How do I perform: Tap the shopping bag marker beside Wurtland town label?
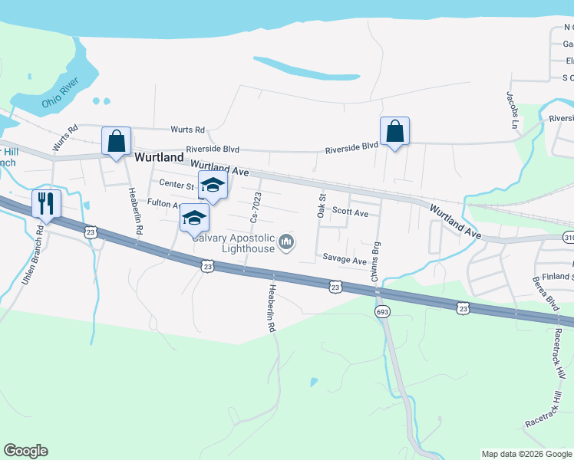[x=116, y=141]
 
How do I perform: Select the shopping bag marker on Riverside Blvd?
[x=394, y=131]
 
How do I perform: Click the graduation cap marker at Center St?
[x=213, y=185]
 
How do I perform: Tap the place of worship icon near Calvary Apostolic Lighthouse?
[x=287, y=243]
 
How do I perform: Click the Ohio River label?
[x=61, y=92]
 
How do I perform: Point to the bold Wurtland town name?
[x=159, y=157]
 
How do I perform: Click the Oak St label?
[x=322, y=205]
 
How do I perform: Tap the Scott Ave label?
[x=350, y=212]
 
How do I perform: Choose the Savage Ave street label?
[x=345, y=259]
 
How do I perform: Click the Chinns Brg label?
[x=376, y=262]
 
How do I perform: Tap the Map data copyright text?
[x=527, y=454]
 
